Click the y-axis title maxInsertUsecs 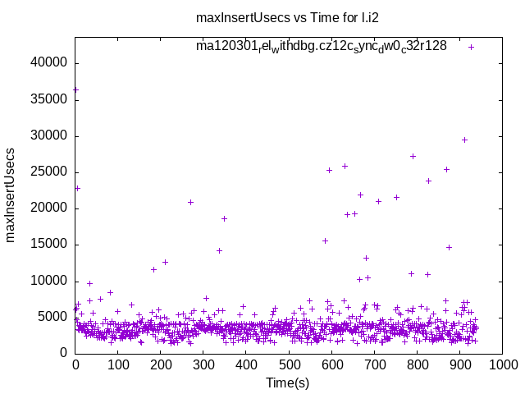coord(11,195)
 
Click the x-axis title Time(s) coord(288,383)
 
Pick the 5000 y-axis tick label coord(54,316)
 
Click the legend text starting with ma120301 coord(321,46)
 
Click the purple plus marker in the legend coord(471,47)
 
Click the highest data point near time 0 coord(75,89)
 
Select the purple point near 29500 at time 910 coord(464,140)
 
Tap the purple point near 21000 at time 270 coord(190,202)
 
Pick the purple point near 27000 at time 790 coord(413,156)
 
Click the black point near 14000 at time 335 coord(219,250)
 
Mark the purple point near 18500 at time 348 coord(224,218)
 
